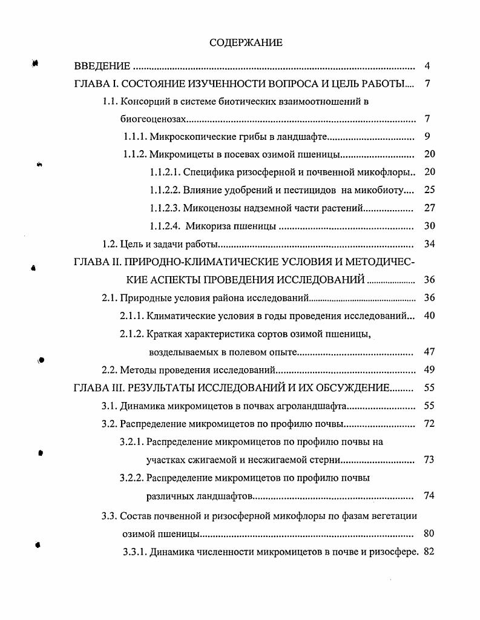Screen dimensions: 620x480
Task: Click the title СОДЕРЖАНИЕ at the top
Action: [x=246, y=42]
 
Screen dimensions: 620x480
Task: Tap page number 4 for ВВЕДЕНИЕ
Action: [x=427, y=66]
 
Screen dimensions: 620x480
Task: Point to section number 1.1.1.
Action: [x=135, y=136]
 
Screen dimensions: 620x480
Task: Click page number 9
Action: [x=427, y=136]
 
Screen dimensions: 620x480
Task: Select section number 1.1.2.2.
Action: [x=164, y=190]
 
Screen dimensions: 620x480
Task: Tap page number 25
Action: [x=429, y=190]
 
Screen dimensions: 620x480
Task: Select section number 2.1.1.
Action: [x=133, y=315]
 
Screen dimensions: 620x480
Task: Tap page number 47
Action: [x=429, y=352]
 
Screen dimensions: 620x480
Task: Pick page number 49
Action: [x=429, y=369]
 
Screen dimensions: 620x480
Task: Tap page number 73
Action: [x=429, y=460]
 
